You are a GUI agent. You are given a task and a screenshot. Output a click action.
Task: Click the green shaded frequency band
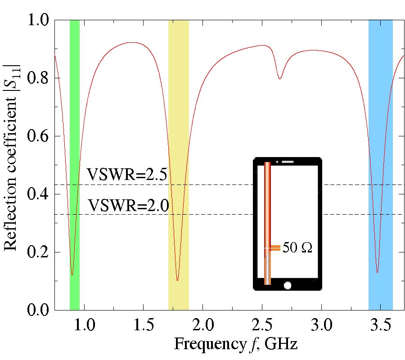75,135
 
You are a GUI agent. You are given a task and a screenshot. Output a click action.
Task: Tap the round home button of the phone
288,285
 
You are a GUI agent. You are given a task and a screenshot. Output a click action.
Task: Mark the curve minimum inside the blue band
377,272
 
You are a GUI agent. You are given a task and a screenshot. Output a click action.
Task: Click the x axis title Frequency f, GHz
235,345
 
